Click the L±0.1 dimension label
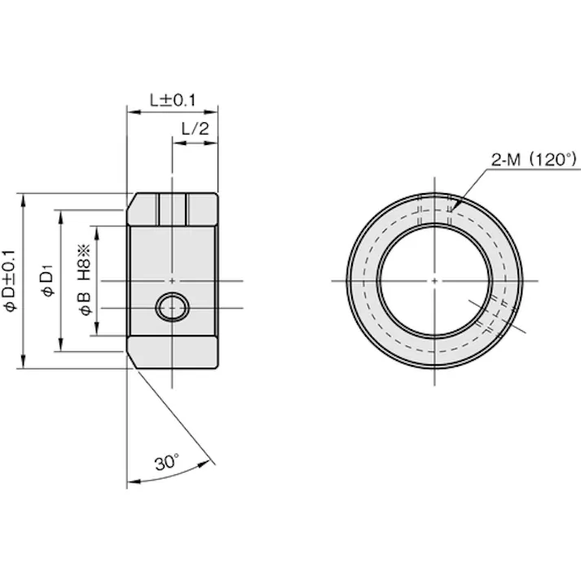click(173, 100)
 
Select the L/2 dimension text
click(196, 129)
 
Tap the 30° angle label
click(167, 462)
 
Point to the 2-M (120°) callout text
click(534, 160)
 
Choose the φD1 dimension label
click(48, 280)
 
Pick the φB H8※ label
click(85, 280)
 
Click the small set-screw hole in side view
click(172, 307)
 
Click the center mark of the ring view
click(434, 281)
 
